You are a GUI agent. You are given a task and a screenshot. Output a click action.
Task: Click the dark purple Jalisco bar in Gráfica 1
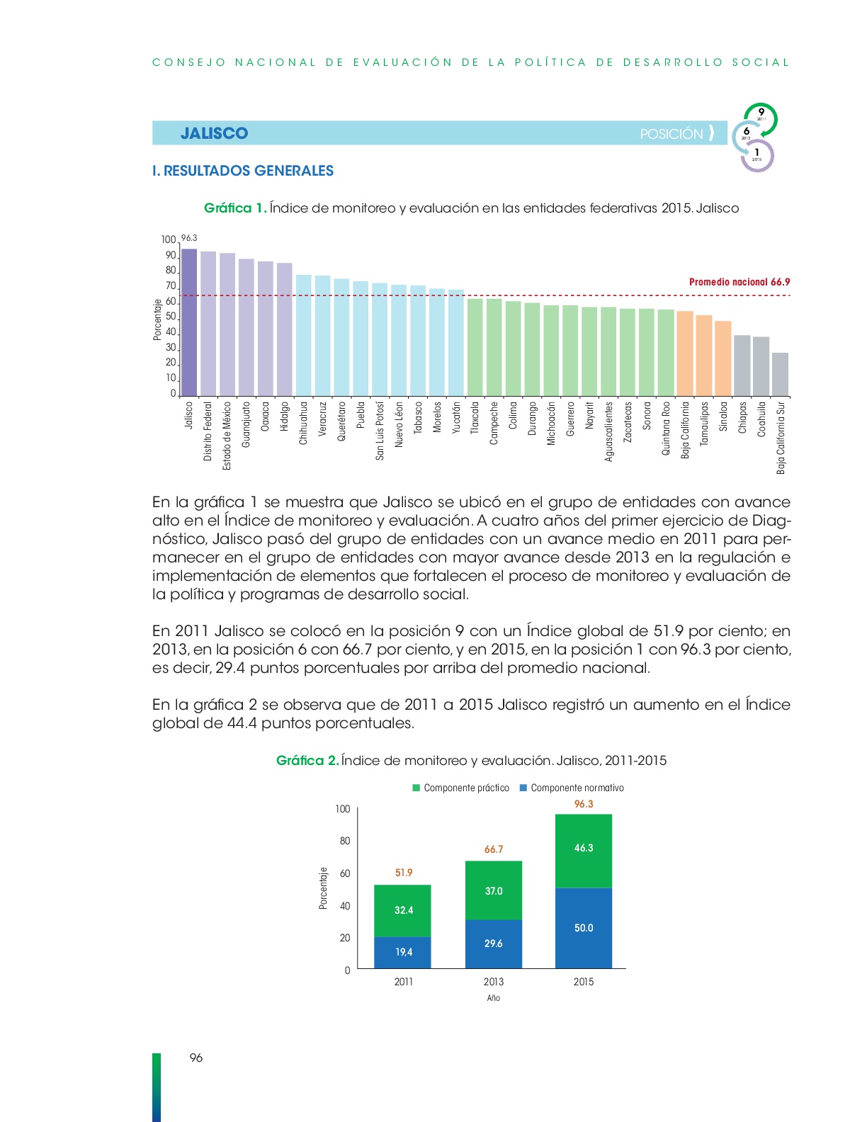189,323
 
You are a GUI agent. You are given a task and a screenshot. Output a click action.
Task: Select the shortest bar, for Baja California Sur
780,374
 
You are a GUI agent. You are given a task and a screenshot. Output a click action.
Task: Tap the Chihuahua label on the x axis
303,423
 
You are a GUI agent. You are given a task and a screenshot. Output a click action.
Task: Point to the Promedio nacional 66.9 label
739,282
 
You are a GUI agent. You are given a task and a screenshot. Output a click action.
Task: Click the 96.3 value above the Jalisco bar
189,238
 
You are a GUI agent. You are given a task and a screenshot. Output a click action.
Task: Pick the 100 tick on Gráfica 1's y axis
169,239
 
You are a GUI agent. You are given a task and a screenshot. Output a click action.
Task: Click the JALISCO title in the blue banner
215,133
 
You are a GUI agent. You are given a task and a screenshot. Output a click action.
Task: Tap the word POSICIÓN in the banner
671,135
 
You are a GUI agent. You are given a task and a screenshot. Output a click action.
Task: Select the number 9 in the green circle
761,112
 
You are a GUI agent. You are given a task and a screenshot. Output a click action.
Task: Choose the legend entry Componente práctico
460,788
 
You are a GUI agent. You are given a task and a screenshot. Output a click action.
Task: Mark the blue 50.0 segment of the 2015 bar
584,928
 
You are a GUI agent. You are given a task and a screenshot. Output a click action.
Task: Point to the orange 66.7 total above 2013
494,849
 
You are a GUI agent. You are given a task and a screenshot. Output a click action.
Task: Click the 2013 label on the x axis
494,982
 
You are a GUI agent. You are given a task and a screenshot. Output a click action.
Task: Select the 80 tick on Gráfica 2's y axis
345,841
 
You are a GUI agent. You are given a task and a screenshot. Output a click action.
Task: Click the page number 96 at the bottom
196,1058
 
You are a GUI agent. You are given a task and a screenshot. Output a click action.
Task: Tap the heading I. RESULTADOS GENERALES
243,171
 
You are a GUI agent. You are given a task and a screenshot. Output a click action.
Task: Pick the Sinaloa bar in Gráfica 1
723,359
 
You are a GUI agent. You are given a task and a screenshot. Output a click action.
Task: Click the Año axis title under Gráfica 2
493,998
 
